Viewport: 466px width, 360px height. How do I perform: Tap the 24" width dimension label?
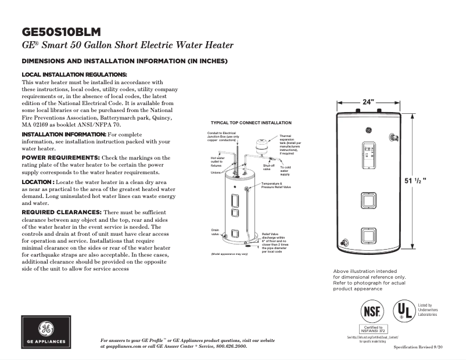pyautogui.click(x=368, y=102)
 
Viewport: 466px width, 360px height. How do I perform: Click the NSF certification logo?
pyautogui.click(x=371, y=311)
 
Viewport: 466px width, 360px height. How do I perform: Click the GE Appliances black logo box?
pyautogui.click(x=48, y=332)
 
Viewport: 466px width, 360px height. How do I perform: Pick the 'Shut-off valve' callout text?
pyautogui.click(x=268, y=167)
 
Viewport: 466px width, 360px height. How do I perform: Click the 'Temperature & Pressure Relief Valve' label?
pyautogui.click(x=275, y=186)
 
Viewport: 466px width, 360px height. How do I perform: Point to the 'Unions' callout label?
pyautogui.click(x=215, y=172)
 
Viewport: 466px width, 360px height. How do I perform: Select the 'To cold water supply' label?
pyautogui.click(x=285, y=171)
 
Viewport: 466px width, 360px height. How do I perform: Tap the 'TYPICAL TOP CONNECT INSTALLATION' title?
pyautogui.click(x=251, y=123)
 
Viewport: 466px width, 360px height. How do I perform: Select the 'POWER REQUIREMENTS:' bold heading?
pyautogui.click(x=60, y=157)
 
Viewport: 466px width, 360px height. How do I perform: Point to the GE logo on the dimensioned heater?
pyautogui.click(x=368, y=130)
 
